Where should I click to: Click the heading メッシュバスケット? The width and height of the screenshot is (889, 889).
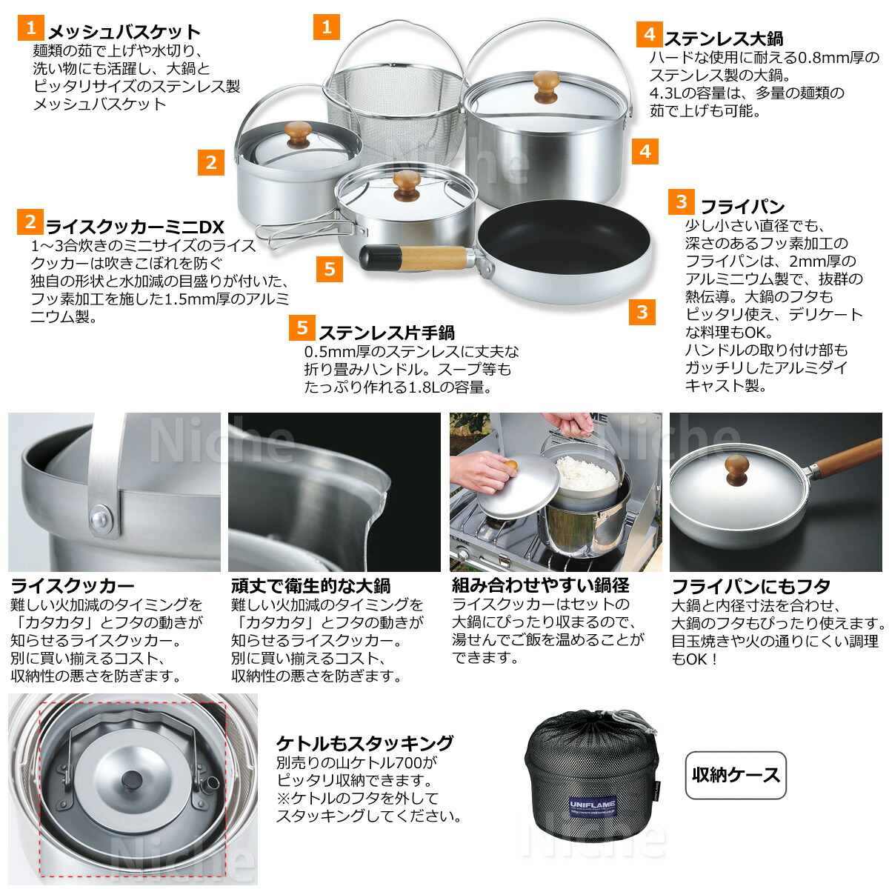click(x=124, y=32)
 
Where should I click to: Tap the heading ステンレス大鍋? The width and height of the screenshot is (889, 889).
click(x=723, y=39)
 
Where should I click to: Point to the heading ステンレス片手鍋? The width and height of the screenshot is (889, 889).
click(x=386, y=332)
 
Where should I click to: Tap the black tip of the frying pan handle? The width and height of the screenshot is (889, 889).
click(x=380, y=258)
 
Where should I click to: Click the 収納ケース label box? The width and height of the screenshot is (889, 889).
click(x=735, y=775)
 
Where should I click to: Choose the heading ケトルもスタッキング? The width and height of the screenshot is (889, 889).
click(x=364, y=743)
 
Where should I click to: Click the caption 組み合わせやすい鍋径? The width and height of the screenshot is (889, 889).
click(x=541, y=585)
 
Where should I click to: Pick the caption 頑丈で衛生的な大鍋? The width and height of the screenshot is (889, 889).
click(x=310, y=585)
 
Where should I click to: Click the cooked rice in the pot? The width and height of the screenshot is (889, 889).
click(x=585, y=472)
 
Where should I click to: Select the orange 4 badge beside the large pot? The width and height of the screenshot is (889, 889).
click(x=645, y=151)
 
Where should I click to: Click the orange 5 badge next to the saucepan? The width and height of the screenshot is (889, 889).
click(x=330, y=269)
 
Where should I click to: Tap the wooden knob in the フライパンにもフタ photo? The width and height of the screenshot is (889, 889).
click(x=736, y=470)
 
